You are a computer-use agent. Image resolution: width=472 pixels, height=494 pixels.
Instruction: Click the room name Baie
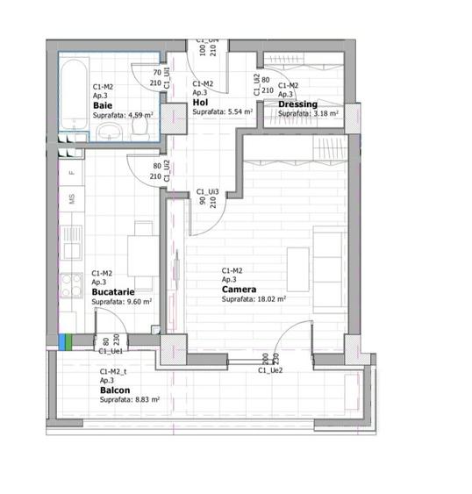[x=103, y=104]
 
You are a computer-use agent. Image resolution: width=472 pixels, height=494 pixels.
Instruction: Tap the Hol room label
[x=199, y=103]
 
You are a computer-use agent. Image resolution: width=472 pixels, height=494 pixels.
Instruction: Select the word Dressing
[x=297, y=104]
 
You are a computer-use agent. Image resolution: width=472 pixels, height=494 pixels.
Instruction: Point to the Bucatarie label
[x=113, y=292]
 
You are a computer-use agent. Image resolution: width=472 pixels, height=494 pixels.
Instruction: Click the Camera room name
[x=239, y=289]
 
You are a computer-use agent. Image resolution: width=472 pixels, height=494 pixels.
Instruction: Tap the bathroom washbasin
[x=109, y=132]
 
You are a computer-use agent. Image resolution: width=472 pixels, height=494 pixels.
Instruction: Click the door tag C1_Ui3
[x=207, y=190]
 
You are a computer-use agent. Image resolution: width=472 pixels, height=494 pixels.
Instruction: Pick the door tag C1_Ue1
[x=111, y=351]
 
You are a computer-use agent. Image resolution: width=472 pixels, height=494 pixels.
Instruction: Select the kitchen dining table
[x=139, y=254]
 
